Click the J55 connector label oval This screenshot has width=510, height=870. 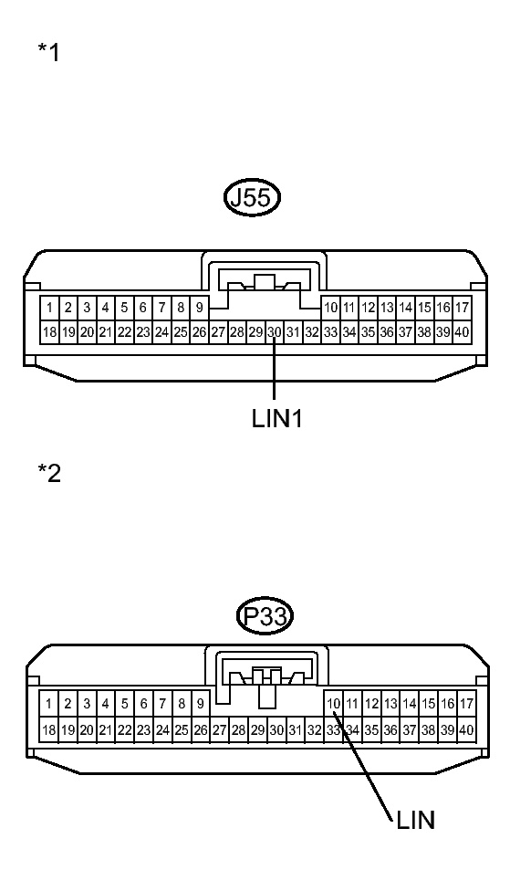click(252, 197)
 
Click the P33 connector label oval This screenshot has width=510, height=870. click(265, 616)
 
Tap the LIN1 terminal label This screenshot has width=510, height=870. click(277, 418)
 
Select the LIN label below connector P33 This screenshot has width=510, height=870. click(416, 820)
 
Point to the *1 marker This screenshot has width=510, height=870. click(48, 52)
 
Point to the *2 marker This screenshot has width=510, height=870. click(48, 473)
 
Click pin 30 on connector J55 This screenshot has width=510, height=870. click(275, 332)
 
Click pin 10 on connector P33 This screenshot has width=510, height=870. click(333, 704)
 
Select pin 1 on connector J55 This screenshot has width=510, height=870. click(49, 307)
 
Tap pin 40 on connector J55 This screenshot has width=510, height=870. click(462, 332)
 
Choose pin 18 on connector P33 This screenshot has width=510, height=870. click(48, 729)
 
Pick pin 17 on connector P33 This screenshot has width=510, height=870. click(465, 704)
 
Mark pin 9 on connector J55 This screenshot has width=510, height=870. click(200, 307)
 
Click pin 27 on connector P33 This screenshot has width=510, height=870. click(219, 729)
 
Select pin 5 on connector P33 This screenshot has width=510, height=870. click(125, 704)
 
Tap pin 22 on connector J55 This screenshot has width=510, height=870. click(124, 332)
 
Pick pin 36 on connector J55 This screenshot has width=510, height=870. click(387, 332)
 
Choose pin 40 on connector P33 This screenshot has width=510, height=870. click(465, 729)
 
